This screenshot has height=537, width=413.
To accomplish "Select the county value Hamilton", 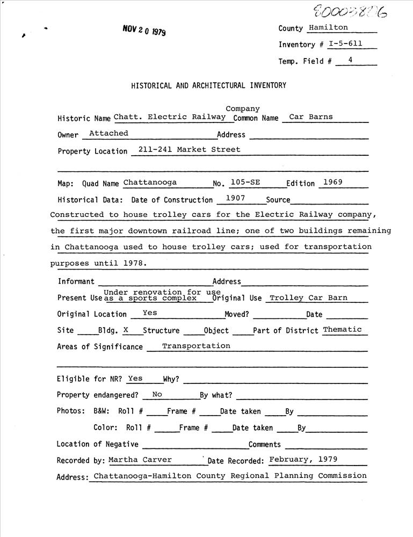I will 329,27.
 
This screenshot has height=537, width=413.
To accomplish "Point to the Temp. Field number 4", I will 350,60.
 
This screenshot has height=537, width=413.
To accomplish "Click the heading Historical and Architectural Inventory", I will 208,85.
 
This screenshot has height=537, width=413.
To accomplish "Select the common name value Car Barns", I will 311,117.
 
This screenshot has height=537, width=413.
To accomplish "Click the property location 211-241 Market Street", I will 189,149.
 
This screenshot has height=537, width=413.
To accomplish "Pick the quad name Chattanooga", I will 150,182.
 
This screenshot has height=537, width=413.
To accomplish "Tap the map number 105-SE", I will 245,182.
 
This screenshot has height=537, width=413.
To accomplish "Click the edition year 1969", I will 332,182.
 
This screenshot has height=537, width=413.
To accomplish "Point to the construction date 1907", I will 235,198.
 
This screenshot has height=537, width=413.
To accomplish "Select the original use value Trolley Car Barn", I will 308,297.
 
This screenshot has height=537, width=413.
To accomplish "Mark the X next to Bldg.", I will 126,330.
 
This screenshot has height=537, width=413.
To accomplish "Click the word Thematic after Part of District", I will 342,329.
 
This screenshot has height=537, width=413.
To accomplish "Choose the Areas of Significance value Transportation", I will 196,346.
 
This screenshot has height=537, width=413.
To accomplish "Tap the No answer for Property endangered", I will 157,394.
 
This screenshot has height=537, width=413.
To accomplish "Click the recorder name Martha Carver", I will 140,459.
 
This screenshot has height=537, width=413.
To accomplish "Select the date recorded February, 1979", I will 303,459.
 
